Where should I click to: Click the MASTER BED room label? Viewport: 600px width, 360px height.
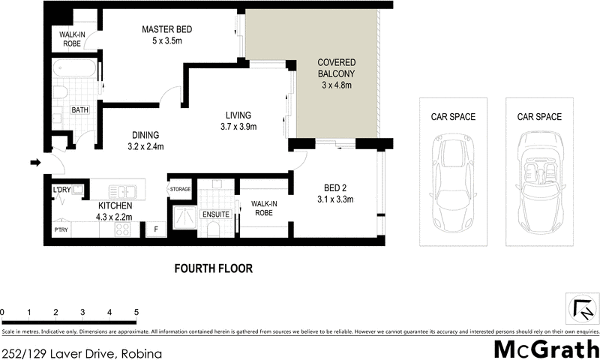(168, 30)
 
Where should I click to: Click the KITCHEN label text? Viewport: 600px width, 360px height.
(115, 205)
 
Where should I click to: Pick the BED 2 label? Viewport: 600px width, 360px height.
(334, 187)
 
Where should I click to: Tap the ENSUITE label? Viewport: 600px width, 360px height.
(217, 214)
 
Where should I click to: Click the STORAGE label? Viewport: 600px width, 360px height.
(181, 190)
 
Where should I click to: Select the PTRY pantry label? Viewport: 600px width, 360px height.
(61, 230)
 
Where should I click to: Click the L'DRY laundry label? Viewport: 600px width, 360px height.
(61, 190)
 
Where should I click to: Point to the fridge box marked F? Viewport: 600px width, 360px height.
(155, 229)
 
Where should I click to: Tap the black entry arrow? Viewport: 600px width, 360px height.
(34, 162)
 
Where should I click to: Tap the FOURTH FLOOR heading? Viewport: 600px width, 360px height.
(213, 268)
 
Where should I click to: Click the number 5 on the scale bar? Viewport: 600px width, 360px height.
(136, 312)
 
